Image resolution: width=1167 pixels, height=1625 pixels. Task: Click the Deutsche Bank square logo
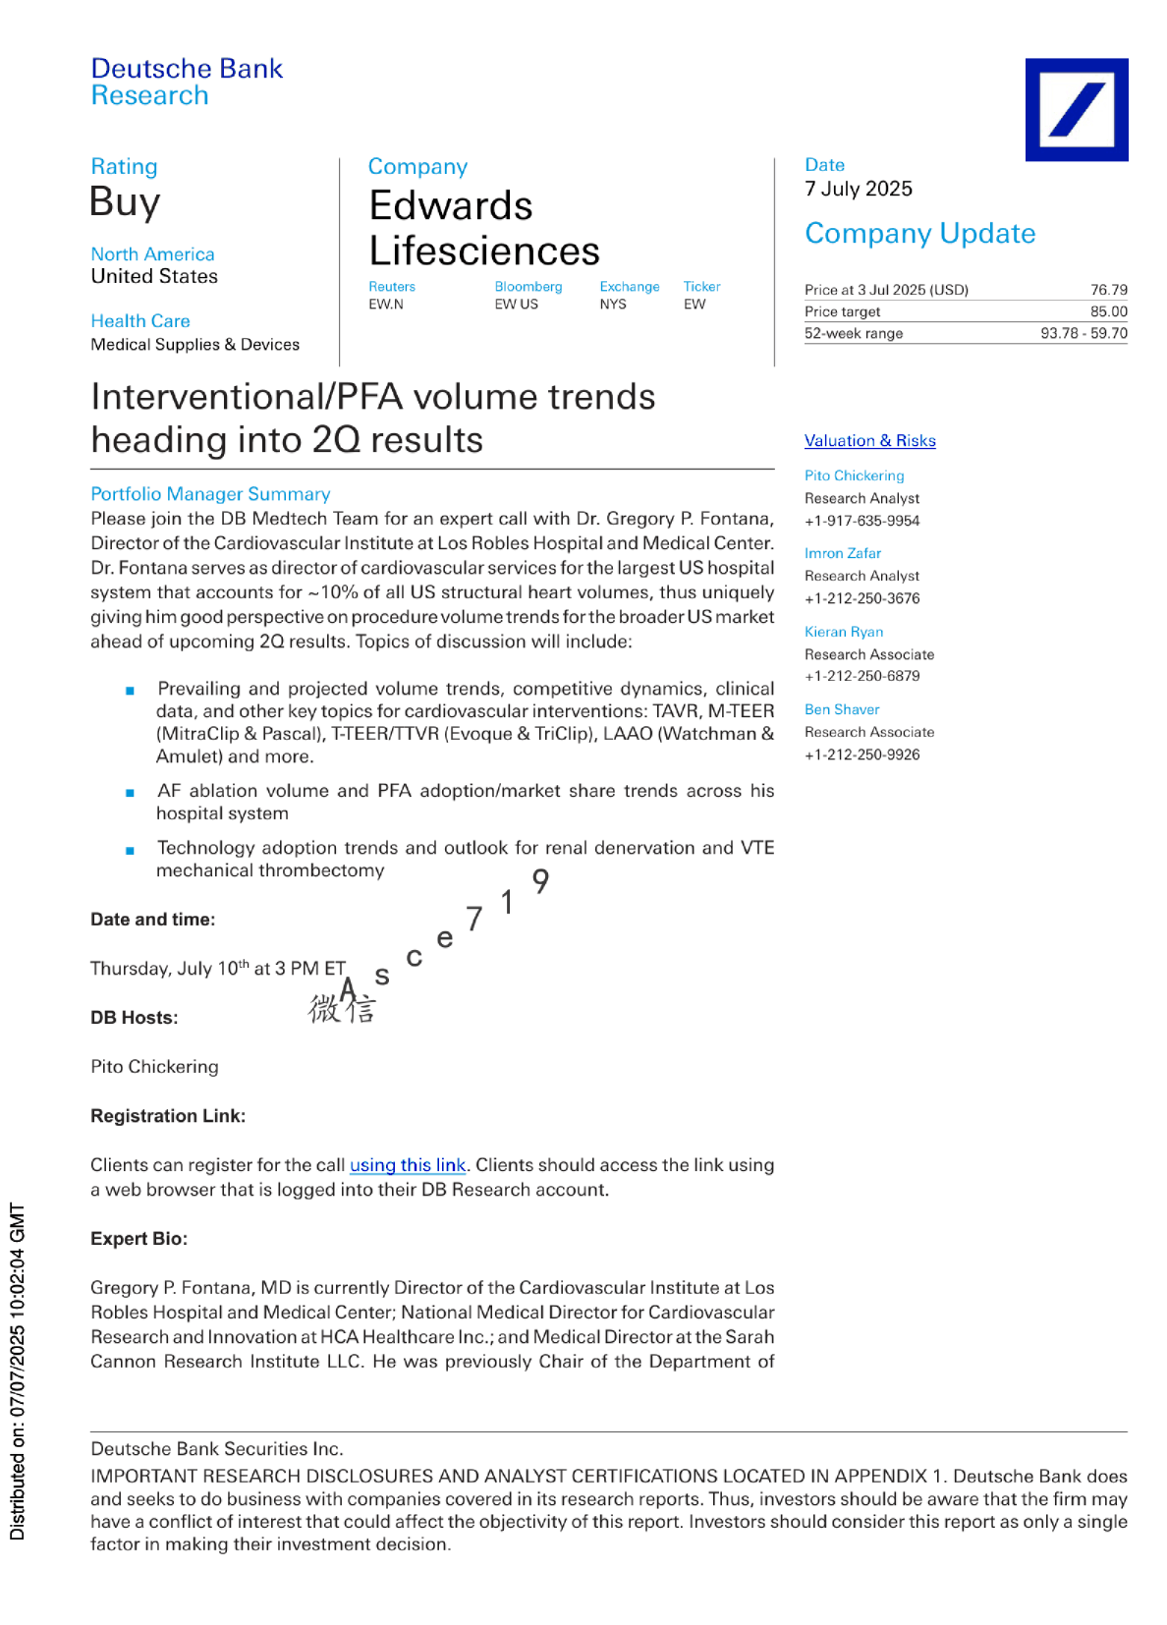point(1076,109)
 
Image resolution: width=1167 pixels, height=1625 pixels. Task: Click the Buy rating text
point(125,202)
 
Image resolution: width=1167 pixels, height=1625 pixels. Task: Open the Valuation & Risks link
point(869,441)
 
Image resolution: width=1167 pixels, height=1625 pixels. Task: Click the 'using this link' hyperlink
point(408,1165)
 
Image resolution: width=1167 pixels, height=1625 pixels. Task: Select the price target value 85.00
point(1108,311)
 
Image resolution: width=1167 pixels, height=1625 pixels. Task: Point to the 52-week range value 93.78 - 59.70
point(1084,333)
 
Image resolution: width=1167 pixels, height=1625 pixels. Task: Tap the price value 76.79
point(1108,290)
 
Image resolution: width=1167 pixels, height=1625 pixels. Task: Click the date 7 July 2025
point(858,189)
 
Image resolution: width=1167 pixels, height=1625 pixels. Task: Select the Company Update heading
point(919,234)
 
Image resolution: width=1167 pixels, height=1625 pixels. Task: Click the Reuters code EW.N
point(386,305)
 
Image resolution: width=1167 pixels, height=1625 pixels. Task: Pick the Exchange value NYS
point(613,305)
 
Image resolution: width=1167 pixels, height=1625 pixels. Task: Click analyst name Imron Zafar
point(842,553)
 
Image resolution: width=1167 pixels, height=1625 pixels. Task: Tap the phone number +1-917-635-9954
point(861,521)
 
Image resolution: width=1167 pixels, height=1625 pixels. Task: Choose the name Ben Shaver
point(842,709)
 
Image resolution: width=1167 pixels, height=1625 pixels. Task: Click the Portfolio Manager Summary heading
point(210,494)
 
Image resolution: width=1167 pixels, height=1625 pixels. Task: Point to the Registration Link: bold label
point(168,1116)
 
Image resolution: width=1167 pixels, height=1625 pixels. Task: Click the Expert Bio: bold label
point(139,1239)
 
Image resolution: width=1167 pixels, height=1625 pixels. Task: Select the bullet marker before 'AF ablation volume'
point(130,793)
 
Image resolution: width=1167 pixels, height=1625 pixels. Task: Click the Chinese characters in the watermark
point(341,1009)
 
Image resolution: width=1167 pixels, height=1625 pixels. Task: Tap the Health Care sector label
point(140,321)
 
